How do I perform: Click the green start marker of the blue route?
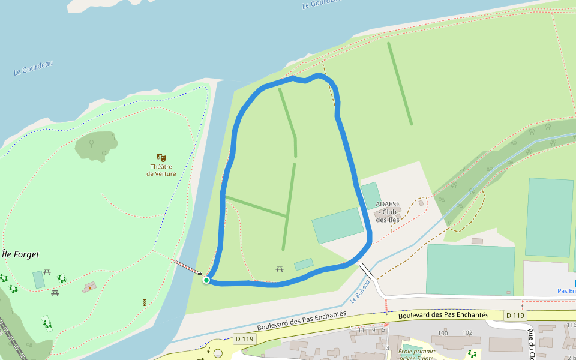pos(206,280)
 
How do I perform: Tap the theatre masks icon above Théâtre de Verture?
pos(161,157)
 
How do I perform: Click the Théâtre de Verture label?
pos(161,170)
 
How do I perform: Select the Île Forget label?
pos(20,254)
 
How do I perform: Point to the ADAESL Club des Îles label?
pos(388,212)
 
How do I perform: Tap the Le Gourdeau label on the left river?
pos(33,68)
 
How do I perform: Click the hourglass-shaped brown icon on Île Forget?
pos(145,303)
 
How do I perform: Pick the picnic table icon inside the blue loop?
pos(280,268)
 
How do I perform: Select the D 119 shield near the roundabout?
pos(245,338)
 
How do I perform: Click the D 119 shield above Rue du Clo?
pos(515,315)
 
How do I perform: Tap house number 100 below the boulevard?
pos(443,333)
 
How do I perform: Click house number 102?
pos(467,333)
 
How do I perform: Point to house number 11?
pos(361,330)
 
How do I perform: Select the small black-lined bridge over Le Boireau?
pos(366,271)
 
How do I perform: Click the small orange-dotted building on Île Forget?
pos(90,287)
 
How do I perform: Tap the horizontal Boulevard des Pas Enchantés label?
pos(443,315)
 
